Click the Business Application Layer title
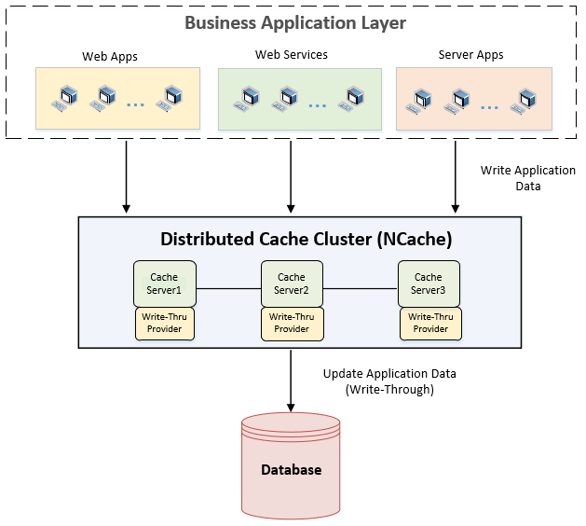coord(294,22)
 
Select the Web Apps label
coord(110,56)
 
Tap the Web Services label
coord(292,55)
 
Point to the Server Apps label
coord(470,55)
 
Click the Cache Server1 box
coord(164,283)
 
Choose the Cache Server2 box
coord(292,283)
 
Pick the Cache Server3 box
coord(428,283)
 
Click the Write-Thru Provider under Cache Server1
coord(164,323)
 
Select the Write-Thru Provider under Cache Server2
coord(292,323)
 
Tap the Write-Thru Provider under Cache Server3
coord(430,323)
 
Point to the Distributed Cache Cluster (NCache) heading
coord(307,240)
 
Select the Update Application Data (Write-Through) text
coord(389,381)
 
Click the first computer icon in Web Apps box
coord(67,96)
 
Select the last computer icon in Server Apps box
coord(528,97)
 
